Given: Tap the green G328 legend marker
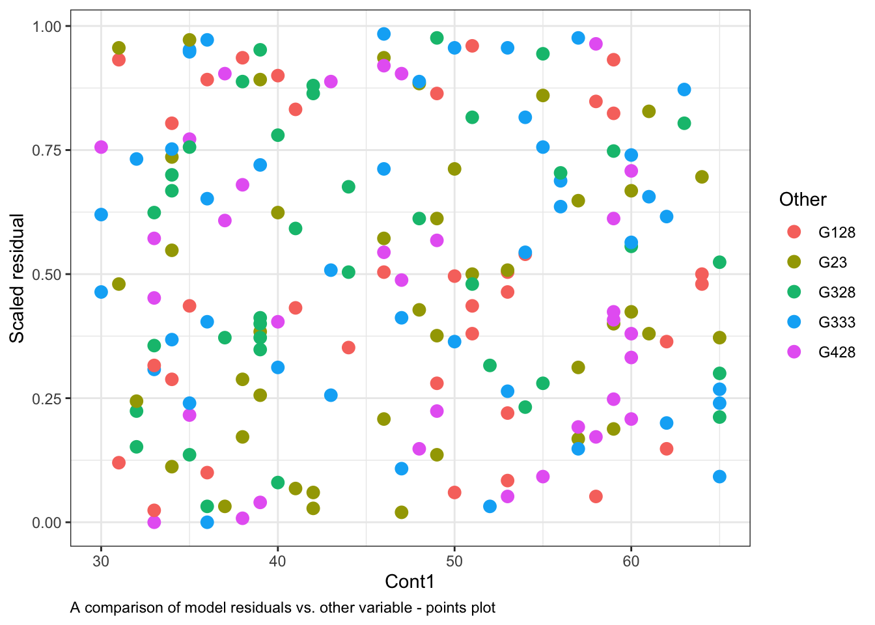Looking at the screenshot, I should point(794,292).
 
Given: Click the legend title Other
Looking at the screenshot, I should point(803,199).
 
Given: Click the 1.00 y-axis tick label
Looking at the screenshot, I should point(47,27).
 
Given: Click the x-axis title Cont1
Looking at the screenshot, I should point(410,581).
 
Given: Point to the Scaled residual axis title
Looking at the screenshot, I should point(17,278).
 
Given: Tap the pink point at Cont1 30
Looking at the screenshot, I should point(101,147).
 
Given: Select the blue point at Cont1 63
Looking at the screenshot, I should point(684,89).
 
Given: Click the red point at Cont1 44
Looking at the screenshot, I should point(348,348).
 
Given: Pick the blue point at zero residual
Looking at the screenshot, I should point(207,522).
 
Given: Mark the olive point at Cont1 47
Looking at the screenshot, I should point(402,512).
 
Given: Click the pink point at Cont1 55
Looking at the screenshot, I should point(543,477).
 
